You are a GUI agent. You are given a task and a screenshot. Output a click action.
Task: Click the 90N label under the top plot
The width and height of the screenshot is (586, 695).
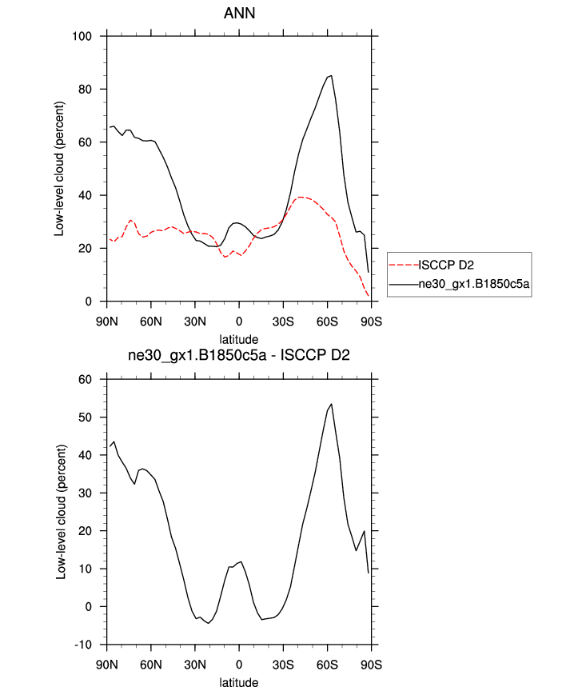coord(106,322)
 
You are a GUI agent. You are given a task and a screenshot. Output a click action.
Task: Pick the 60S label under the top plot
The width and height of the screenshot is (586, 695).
coord(327,322)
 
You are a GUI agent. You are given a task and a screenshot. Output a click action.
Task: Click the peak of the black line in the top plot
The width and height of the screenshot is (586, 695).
coord(331,76)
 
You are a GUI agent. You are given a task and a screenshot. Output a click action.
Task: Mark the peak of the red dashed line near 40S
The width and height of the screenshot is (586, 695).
coord(301,197)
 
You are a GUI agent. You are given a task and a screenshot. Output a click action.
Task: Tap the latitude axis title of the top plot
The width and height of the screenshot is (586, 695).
coord(238,339)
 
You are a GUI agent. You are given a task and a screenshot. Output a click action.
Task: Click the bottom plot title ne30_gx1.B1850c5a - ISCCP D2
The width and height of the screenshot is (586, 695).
coord(238,356)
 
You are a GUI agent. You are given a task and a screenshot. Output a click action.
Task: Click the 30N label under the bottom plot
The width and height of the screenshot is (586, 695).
coord(194,665)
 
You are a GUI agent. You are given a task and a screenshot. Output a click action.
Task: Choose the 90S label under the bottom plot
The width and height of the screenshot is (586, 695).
coord(371,665)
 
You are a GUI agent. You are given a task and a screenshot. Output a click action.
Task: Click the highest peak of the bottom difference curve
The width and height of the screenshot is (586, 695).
coord(331,404)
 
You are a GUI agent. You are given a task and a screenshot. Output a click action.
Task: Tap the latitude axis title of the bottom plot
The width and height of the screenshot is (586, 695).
coord(238,683)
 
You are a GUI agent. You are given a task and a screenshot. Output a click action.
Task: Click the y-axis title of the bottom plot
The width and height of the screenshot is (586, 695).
coord(61,511)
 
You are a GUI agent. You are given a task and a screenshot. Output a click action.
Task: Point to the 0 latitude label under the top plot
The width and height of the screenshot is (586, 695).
coord(238,322)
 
